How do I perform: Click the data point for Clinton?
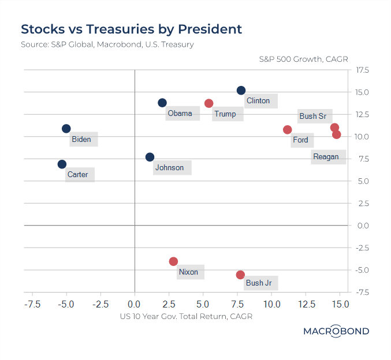tap(241, 91)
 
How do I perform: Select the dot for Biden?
tap(66, 129)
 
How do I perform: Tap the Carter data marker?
tap(62, 164)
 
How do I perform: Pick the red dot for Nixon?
tap(173, 261)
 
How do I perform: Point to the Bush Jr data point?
tap(240, 275)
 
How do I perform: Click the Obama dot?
tap(162, 103)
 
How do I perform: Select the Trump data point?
tap(208, 103)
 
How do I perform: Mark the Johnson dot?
tap(150, 157)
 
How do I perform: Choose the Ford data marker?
tap(287, 130)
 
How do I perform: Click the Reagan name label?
tap(326, 157)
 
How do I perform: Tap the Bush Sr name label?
tap(312, 116)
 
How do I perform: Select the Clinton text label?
tap(258, 101)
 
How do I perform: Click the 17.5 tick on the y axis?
tap(362, 70)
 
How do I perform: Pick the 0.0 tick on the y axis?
tap(362, 226)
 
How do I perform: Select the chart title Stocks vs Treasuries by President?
tap(131, 29)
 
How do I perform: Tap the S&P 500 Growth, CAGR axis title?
tap(303, 59)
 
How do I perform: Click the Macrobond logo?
tap(336, 331)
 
